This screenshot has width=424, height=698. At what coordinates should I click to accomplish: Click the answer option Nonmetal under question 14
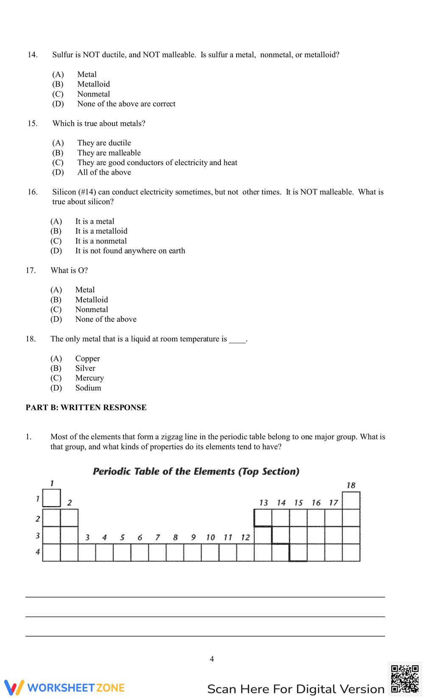(93, 94)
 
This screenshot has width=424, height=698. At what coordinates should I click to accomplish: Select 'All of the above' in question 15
(104, 172)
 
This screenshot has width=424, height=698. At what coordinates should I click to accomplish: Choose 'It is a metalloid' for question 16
(101, 231)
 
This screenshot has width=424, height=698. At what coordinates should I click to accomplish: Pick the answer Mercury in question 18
(89, 378)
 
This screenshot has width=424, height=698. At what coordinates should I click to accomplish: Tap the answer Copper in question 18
(87, 358)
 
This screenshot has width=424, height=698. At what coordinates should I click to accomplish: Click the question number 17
(31, 270)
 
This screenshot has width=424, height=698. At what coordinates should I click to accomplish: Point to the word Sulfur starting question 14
(63, 55)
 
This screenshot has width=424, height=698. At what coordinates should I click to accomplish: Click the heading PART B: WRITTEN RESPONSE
(86, 407)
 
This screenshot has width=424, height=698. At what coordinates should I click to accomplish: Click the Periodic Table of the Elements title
(196, 471)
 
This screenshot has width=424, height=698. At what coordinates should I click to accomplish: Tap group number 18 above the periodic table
(351, 485)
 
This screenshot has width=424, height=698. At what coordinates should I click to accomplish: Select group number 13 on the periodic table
(263, 503)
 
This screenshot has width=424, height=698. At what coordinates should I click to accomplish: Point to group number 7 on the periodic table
(158, 537)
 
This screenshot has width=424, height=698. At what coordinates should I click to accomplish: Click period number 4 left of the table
(38, 552)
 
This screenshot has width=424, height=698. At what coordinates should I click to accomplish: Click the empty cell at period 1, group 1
(52, 498)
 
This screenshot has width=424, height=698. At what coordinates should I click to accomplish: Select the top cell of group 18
(351, 501)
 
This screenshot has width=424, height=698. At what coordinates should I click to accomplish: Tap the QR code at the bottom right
(404, 679)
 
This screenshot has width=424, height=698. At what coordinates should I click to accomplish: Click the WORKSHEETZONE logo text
(76, 687)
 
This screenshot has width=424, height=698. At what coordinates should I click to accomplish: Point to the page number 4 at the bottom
(212, 659)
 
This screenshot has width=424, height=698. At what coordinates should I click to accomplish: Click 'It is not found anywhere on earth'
(130, 251)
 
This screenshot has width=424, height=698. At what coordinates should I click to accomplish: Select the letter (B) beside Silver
(56, 368)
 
